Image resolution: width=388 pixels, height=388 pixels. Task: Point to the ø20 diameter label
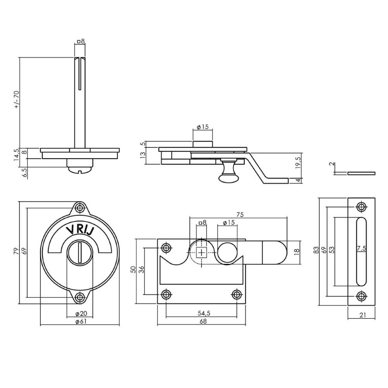pos(81,314)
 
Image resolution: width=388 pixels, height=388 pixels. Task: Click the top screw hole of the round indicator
pos(80,207)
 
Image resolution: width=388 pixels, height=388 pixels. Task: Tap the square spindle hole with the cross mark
pos(202,253)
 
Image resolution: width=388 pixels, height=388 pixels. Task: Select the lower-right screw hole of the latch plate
pos(237,294)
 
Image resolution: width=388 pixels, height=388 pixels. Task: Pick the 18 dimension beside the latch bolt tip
pos(297,251)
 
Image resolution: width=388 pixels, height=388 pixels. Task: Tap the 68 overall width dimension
pos(202,321)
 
